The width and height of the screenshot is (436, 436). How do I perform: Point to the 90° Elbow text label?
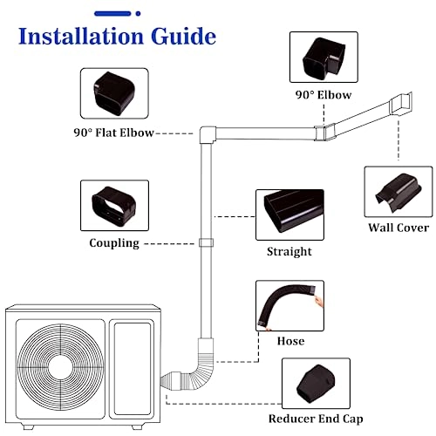point(324,93)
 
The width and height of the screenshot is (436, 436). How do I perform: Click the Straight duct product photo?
point(289,215)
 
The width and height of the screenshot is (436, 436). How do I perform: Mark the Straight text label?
point(289,252)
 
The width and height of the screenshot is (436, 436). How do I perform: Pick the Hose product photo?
point(290,305)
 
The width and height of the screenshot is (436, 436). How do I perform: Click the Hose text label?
point(290,341)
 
